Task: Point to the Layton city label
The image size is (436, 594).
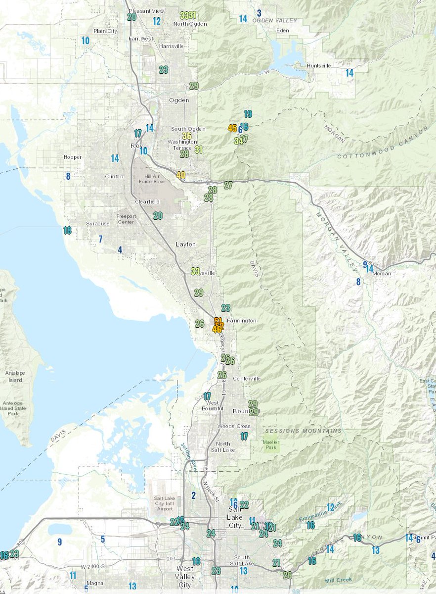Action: pos(185,244)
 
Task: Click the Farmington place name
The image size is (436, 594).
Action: pos(242,321)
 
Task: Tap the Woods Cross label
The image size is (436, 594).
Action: pos(237,426)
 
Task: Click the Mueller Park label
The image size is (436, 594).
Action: pos(271,445)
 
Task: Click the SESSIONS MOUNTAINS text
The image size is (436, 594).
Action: pos(302,431)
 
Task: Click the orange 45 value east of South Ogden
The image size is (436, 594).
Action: pos(232,128)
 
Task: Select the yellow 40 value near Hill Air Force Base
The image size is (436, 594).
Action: pos(181,175)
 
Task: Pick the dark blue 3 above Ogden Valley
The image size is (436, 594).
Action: pos(259,13)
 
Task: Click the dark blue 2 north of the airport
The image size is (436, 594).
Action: pos(194,495)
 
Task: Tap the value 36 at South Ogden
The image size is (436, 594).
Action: pos(187,136)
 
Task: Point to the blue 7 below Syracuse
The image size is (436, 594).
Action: pos(100,240)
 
